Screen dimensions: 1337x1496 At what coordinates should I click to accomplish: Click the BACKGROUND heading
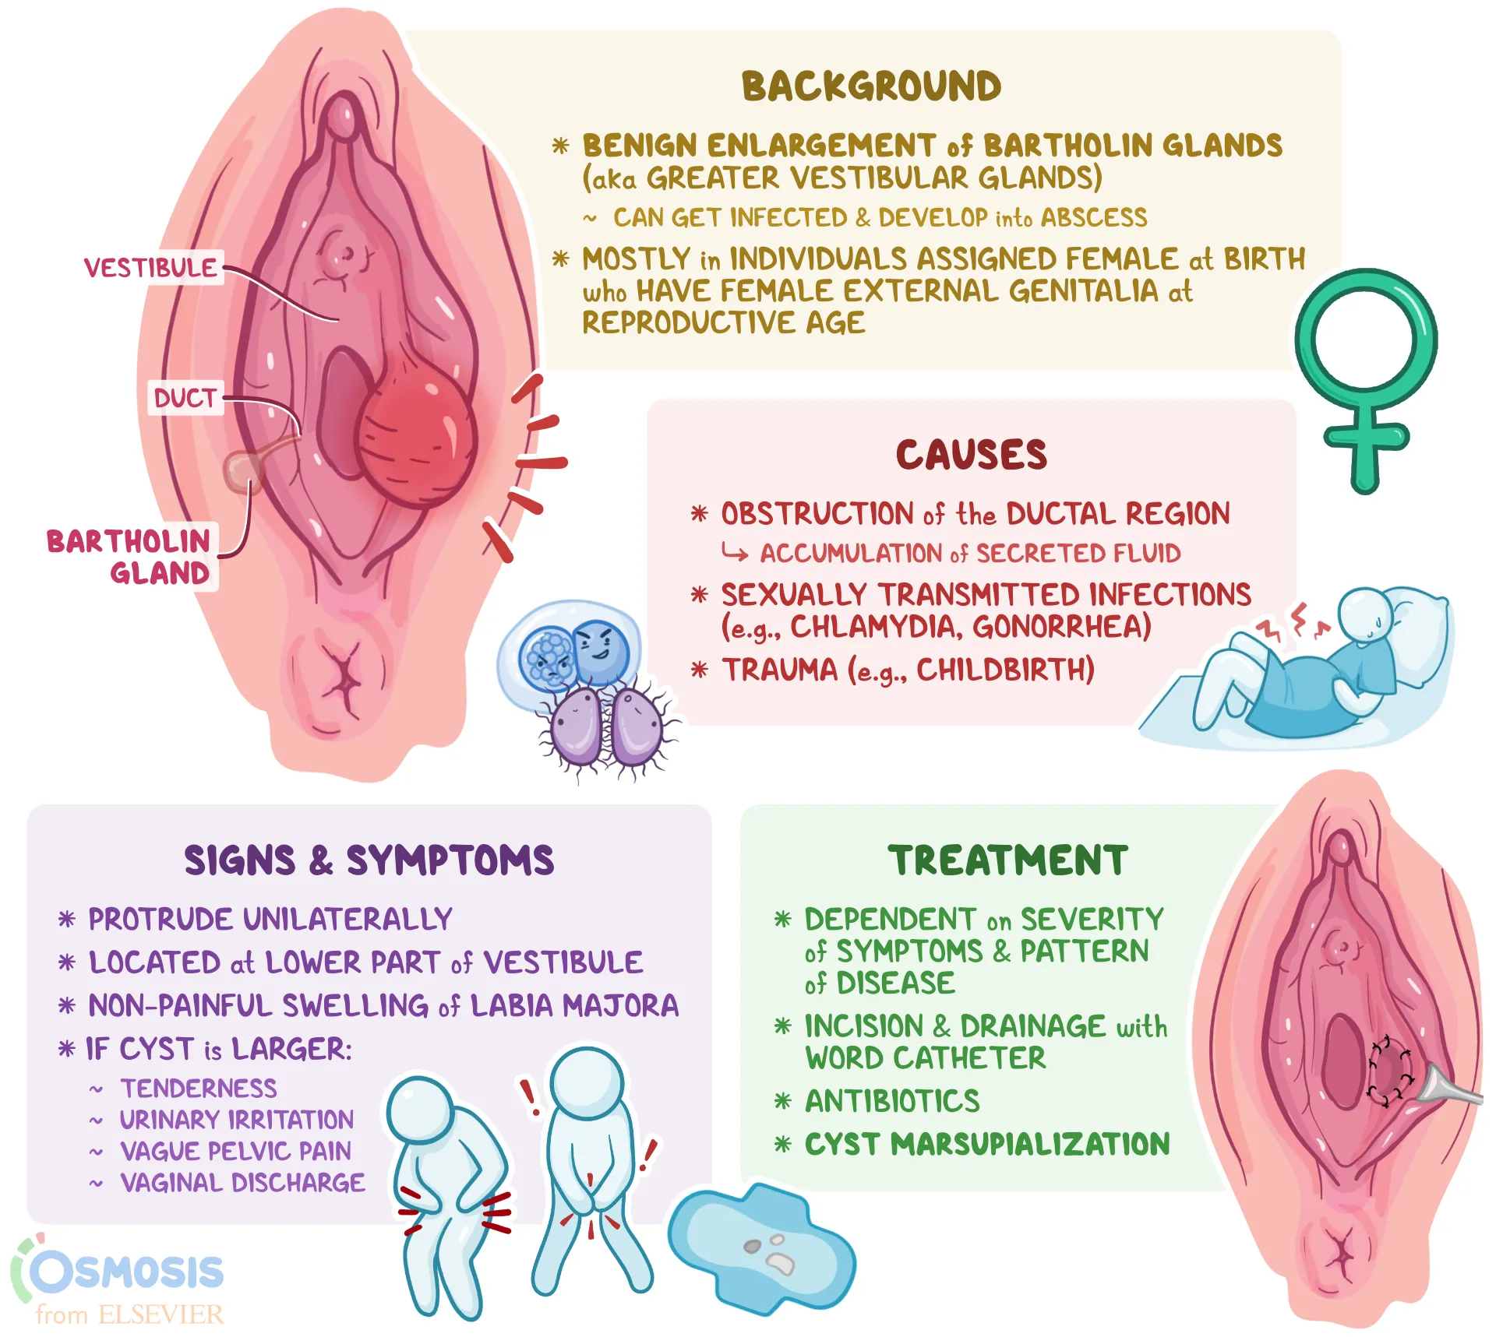click(871, 86)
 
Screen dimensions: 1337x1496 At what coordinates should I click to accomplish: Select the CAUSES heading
click(971, 455)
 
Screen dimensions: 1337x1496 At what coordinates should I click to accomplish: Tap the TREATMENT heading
click(1007, 860)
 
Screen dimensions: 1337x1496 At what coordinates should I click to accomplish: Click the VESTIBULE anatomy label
click(150, 268)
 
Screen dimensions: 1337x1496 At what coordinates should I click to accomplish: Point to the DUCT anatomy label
click(185, 398)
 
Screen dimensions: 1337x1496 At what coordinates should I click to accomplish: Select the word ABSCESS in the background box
click(1093, 217)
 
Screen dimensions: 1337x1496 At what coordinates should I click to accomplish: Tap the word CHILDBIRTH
click(1005, 670)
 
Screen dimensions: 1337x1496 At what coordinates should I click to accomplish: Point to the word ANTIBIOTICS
click(892, 1101)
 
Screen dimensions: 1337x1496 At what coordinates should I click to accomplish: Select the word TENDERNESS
click(199, 1088)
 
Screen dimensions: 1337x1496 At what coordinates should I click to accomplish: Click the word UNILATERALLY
click(348, 920)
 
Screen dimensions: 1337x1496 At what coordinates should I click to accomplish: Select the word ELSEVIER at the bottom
click(161, 1315)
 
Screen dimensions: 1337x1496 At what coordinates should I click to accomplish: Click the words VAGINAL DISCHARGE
click(242, 1183)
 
